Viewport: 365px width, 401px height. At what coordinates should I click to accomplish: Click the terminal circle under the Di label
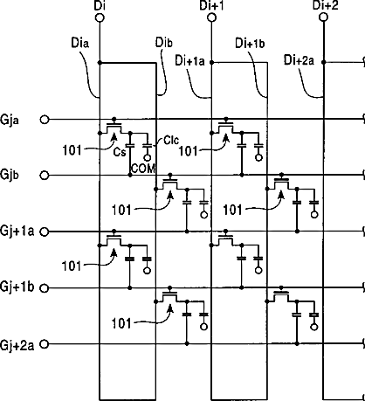[100, 17]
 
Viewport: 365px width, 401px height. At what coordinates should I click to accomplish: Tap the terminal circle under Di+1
[211, 17]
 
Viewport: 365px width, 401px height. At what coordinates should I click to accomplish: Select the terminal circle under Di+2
[323, 17]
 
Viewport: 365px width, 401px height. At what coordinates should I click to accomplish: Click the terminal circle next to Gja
[45, 120]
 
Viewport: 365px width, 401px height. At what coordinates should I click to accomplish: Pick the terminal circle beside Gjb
[45, 176]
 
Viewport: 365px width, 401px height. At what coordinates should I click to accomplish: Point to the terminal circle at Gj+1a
[45, 232]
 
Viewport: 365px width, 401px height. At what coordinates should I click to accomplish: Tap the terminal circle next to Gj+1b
[45, 288]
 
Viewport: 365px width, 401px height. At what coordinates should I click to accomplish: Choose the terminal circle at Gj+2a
[45, 344]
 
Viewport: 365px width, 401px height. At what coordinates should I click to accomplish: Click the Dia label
[80, 43]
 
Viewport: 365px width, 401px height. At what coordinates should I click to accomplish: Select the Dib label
[164, 43]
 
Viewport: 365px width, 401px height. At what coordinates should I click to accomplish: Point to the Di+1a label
[189, 60]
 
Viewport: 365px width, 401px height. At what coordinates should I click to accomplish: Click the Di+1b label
[250, 44]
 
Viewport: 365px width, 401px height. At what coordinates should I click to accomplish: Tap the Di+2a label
[299, 60]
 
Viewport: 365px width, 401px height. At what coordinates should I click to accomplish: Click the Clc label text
[171, 141]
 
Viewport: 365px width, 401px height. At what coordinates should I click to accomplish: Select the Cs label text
[120, 152]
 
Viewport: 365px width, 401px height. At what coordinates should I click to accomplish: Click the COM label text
[143, 169]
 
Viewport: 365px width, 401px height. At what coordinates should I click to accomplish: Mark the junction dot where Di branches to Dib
[100, 63]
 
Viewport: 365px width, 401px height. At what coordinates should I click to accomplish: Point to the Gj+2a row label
[17, 345]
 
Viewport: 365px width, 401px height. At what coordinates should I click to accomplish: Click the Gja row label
[10, 120]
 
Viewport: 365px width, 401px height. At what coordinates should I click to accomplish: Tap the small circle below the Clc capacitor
[148, 158]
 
